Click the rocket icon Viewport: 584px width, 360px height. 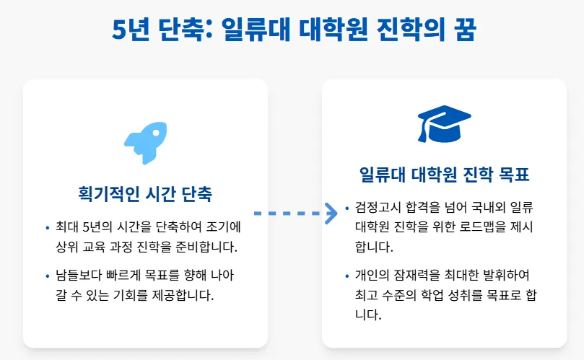[x=144, y=143]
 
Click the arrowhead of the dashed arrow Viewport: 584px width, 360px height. [x=331, y=213]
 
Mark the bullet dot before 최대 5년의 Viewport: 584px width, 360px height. [x=47, y=228]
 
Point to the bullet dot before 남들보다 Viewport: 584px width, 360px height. [x=47, y=276]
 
